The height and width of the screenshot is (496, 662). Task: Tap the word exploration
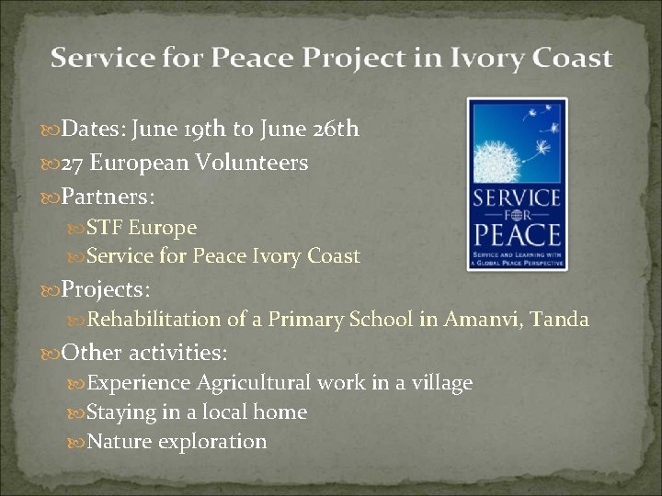point(212,442)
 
